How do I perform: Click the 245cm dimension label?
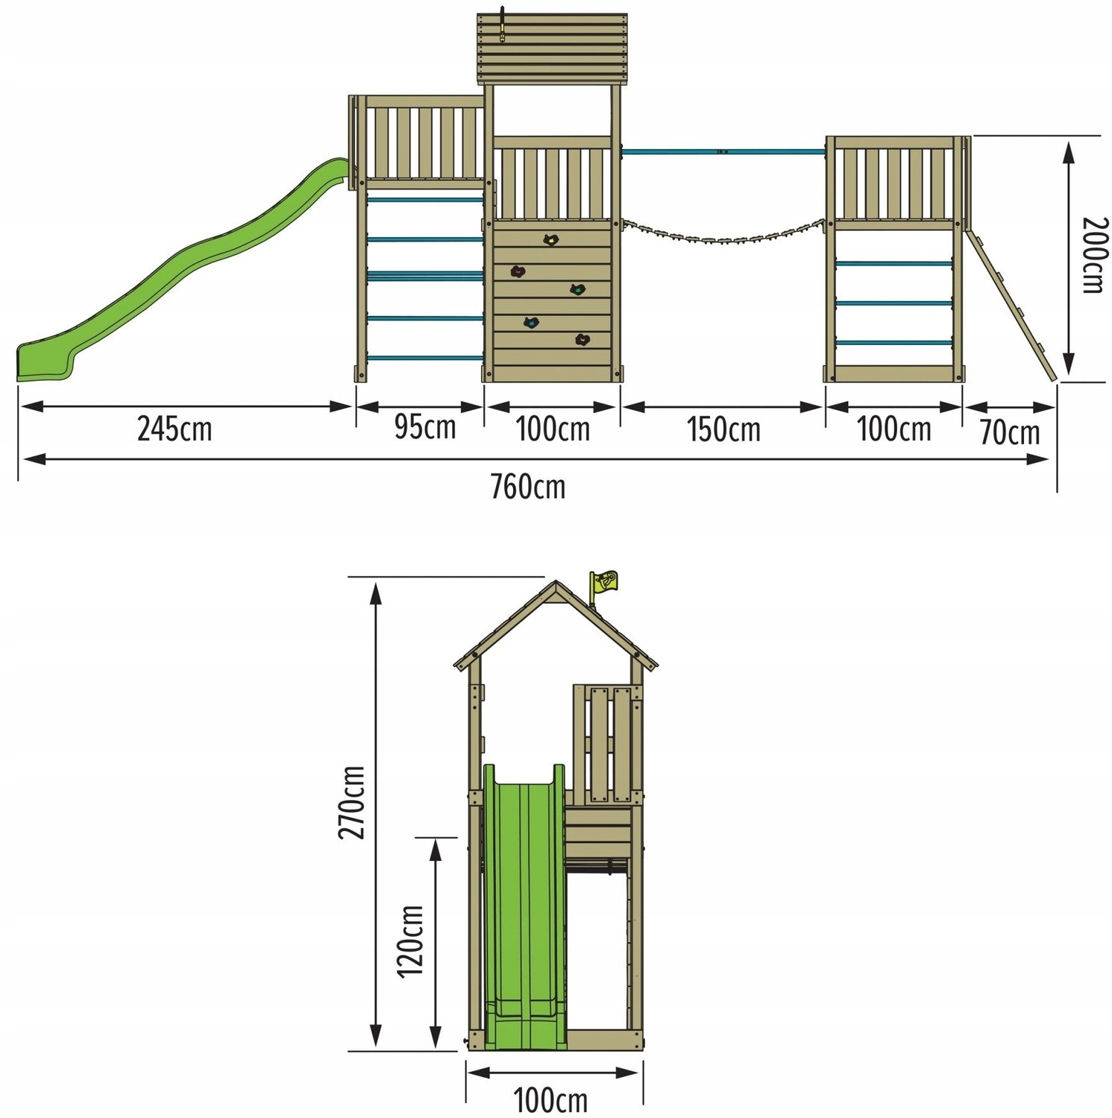click(175, 429)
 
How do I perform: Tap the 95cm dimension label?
click(425, 427)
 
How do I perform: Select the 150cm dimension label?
click(723, 430)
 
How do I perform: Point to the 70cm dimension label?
click(1010, 432)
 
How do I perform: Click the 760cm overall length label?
click(528, 487)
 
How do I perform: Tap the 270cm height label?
click(352, 802)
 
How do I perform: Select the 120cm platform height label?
click(410, 941)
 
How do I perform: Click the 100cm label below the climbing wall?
click(553, 429)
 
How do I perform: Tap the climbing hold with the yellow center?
click(550, 240)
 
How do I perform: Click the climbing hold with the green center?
click(577, 289)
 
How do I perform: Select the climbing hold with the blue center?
click(531, 323)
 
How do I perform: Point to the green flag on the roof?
click(603, 582)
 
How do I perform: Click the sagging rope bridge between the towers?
click(723, 236)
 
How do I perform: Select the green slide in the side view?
click(525, 906)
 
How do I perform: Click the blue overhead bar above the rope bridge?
click(723, 152)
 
